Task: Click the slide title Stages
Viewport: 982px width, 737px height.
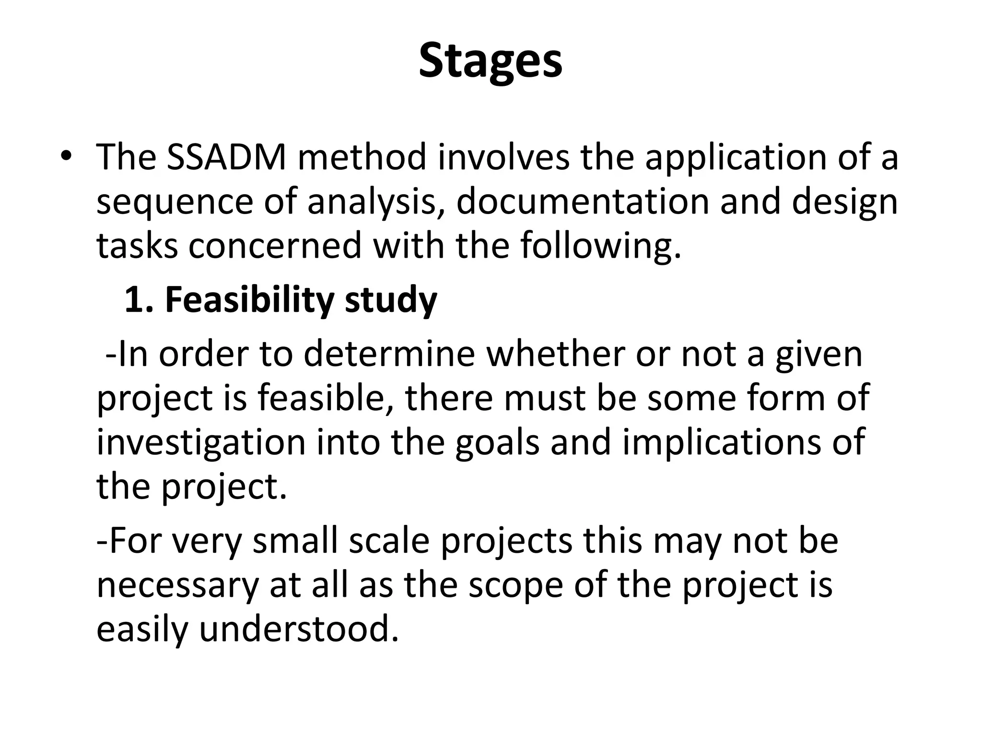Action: [491, 61]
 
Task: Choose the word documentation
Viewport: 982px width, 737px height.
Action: [582, 202]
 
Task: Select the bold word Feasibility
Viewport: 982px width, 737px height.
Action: [249, 300]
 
